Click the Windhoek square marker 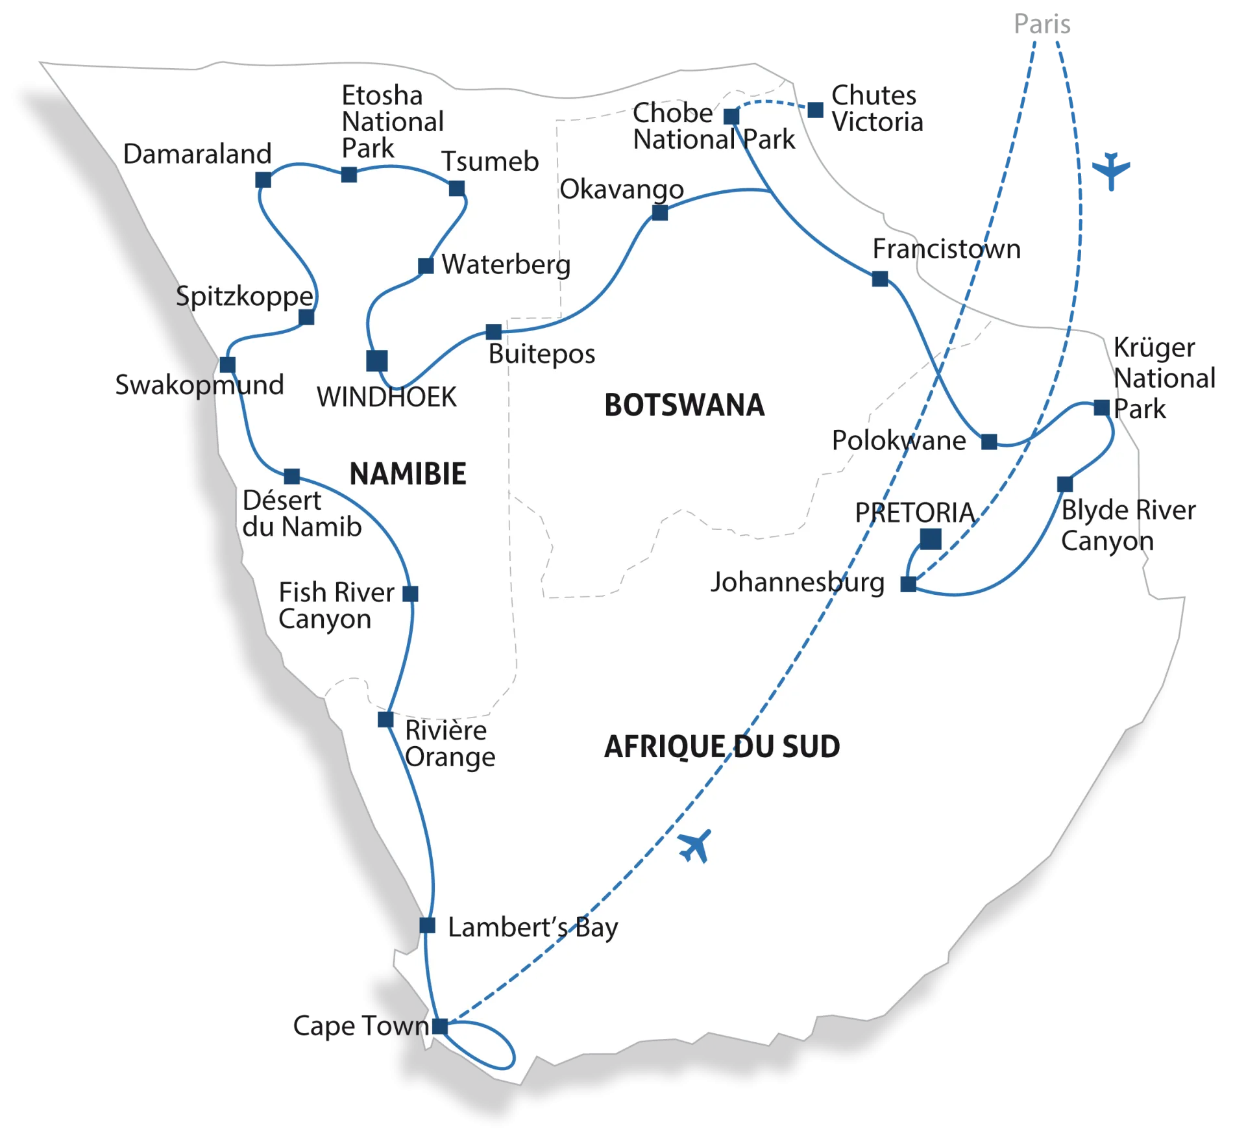[x=376, y=360]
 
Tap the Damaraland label [x=197, y=154]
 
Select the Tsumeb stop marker [x=457, y=188]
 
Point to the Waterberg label [x=506, y=264]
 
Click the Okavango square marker [x=660, y=212]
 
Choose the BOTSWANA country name [x=684, y=405]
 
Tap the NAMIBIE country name [x=408, y=473]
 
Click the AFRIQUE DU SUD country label [x=722, y=747]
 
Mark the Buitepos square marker [x=494, y=332]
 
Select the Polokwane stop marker [x=989, y=442]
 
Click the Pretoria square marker [x=931, y=538]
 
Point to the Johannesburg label [x=797, y=582]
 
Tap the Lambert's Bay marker [x=427, y=925]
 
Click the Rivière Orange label [x=450, y=744]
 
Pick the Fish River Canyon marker [x=410, y=594]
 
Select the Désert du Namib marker [x=292, y=476]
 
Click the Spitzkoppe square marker [x=306, y=317]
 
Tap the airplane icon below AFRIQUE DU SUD [x=695, y=846]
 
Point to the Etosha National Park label [x=392, y=121]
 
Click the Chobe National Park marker [x=731, y=116]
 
